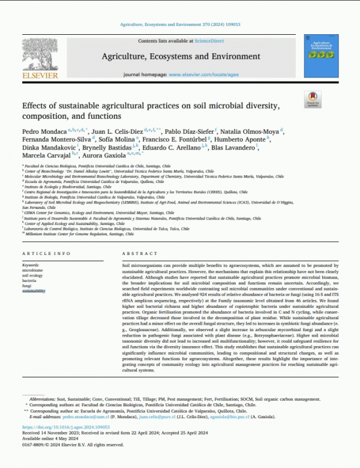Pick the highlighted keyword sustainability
(x=34, y=290)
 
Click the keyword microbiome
(x=33, y=269)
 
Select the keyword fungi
(x=28, y=285)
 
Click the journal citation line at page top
(x=180, y=25)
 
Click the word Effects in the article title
(x=37, y=106)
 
